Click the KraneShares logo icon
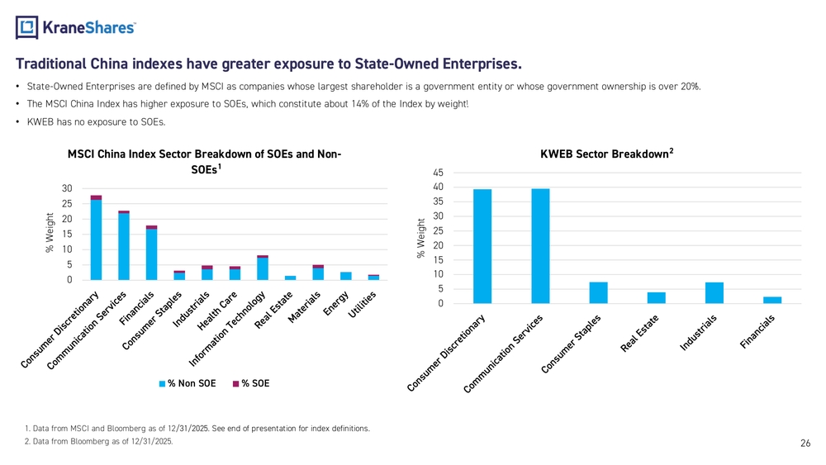pos(27,27)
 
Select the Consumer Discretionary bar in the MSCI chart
pos(96,239)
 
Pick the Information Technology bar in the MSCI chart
pos(263,268)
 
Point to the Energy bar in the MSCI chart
pos(345,276)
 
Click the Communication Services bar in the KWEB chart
pos(540,246)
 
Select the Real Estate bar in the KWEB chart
pos(657,298)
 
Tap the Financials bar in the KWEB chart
pos(772,300)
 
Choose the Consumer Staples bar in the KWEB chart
pos(599,293)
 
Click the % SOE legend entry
pos(251,383)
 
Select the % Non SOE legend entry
pos(187,383)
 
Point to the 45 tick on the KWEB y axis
pos(438,173)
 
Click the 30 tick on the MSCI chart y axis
pos(66,188)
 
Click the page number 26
pos(805,444)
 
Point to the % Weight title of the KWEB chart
pos(421,238)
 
